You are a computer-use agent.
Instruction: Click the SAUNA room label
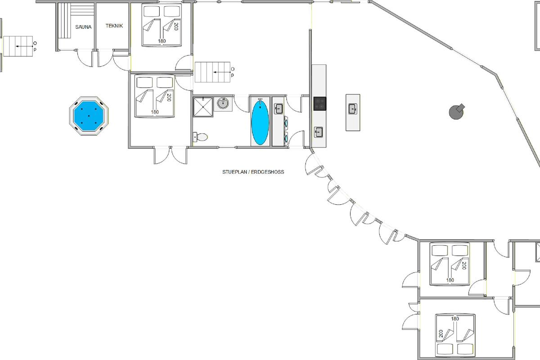(x=83, y=27)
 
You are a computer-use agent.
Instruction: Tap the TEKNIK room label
(x=114, y=26)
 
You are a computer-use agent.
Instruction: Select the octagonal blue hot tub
(x=89, y=116)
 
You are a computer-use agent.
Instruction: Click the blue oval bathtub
(x=260, y=122)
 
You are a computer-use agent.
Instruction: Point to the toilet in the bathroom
(x=200, y=137)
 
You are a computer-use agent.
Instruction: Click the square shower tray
(x=203, y=107)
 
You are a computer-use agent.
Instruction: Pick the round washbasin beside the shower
(x=223, y=103)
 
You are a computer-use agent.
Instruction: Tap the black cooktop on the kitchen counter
(x=319, y=103)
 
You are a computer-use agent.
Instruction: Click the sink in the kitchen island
(x=353, y=109)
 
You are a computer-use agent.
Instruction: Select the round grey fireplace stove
(x=456, y=112)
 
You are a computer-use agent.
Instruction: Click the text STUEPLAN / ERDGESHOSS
(x=253, y=172)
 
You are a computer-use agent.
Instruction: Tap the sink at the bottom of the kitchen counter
(x=318, y=132)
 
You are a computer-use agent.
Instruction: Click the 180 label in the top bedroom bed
(x=162, y=41)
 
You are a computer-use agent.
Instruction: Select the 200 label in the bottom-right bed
(x=441, y=333)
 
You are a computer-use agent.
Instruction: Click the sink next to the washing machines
(x=279, y=108)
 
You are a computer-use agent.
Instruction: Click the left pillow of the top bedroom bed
(x=151, y=11)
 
